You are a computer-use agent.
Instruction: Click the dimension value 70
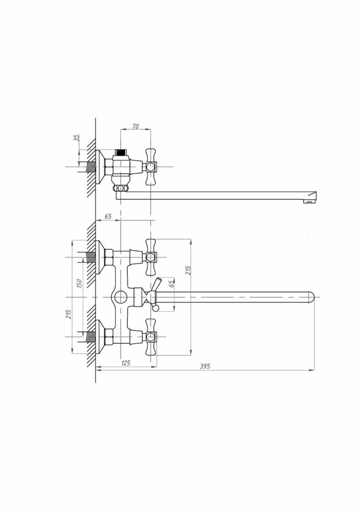(136, 126)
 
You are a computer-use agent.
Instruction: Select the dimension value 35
(77, 137)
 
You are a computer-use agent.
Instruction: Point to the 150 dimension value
(80, 283)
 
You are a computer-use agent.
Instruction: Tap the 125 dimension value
(125, 363)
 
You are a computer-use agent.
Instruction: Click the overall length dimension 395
(204, 366)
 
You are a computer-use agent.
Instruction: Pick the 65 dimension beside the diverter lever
(172, 284)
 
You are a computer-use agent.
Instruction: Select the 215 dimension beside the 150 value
(69, 314)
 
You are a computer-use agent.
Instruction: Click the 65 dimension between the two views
(108, 216)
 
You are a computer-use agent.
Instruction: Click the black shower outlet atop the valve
(121, 152)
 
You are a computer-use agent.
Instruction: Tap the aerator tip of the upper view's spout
(309, 201)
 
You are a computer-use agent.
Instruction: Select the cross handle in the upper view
(150, 167)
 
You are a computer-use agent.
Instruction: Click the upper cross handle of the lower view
(150, 257)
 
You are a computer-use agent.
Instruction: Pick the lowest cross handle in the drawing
(150, 337)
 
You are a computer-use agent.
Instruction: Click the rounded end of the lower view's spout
(311, 297)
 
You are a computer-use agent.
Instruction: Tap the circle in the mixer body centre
(121, 297)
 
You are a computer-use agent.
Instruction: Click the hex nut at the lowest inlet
(109, 337)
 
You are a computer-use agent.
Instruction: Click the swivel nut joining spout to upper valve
(121, 188)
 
